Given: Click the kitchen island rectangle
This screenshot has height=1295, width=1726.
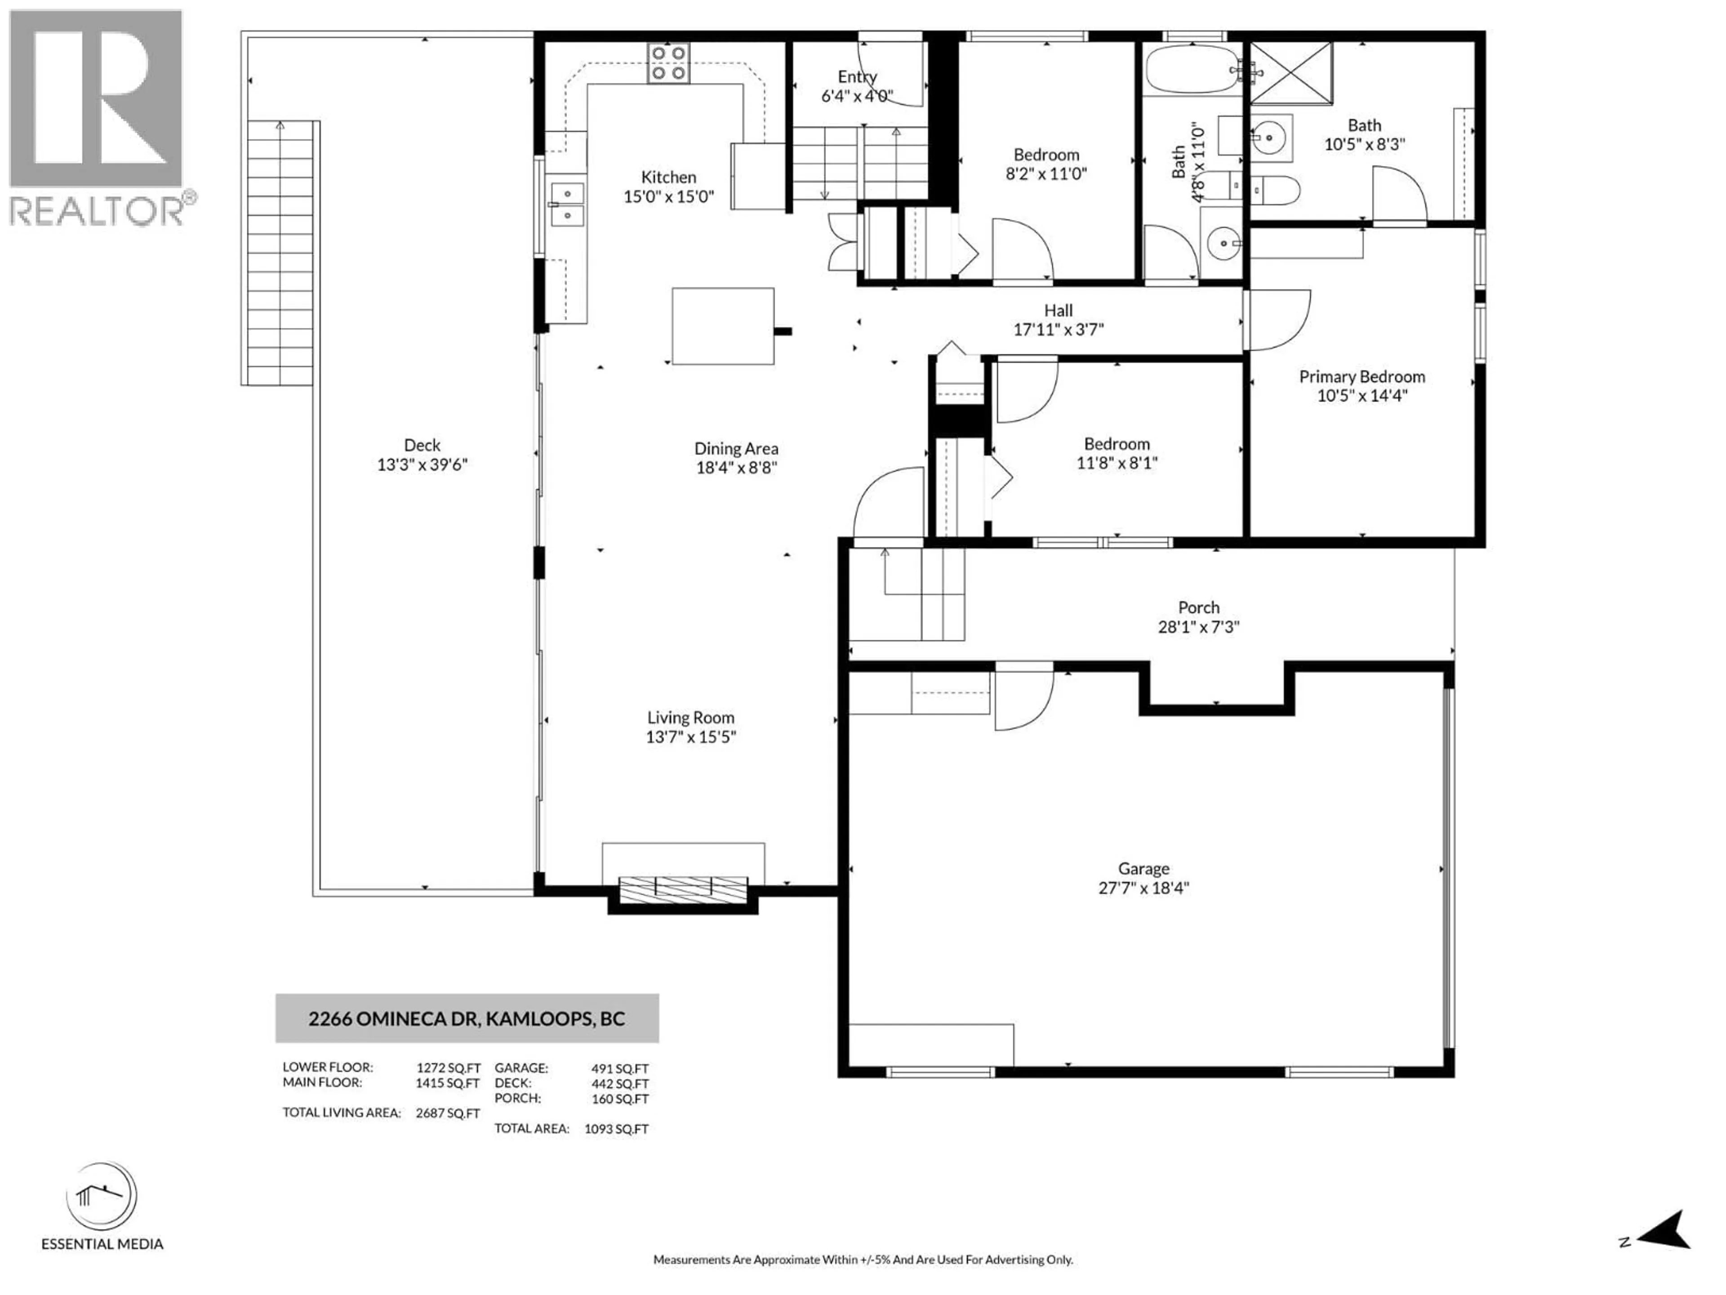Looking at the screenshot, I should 723,326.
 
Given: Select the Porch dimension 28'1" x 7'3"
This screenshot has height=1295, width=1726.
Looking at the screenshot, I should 1198,627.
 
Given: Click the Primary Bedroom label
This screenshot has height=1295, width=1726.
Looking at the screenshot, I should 1361,376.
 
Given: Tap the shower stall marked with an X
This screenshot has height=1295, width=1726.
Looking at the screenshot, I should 1291,73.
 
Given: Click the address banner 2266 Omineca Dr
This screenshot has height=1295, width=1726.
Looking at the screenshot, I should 467,1018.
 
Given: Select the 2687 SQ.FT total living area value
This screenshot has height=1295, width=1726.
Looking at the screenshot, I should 447,1113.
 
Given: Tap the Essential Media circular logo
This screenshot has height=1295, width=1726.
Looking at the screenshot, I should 102,1196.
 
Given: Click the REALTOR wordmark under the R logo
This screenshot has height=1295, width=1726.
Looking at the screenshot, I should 98,211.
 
